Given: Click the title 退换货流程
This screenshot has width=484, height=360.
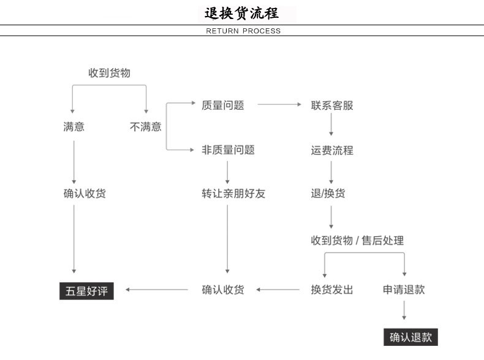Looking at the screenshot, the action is click(x=241, y=13).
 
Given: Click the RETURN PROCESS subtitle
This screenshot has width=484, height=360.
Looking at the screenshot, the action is click(x=243, y=31).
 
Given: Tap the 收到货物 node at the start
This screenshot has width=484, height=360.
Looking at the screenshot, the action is click(x=109, y=73).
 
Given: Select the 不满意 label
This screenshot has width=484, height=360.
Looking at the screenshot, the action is click(x=146, y=127).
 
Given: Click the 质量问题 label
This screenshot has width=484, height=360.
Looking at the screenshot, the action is click(x=223, y=105).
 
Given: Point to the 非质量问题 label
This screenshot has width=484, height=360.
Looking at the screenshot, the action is click(x=228, y=150).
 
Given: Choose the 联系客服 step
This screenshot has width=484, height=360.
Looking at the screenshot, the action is click(x=332, y=105).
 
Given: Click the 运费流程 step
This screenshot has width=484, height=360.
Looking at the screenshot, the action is click(x=332, y=150).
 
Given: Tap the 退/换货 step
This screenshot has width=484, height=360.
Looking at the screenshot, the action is click(x=328, y=193).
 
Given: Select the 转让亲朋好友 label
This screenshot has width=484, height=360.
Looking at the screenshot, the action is click(x=233, y=193).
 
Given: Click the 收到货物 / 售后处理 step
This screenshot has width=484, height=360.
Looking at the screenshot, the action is click(x=357, y=240).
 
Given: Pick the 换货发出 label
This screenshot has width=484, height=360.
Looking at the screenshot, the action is click(x=332, y=289).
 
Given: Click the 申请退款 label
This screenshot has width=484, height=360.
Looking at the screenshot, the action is click(x=404, y=289).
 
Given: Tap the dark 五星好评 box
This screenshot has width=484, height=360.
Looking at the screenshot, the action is click(x=86, y=291).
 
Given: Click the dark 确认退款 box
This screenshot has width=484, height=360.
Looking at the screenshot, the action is click(x=410, y=337).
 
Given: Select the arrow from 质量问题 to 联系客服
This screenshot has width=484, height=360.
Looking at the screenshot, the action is click(x=279, y=104).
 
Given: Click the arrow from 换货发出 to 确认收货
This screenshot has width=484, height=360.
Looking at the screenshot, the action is click(x=278, y=289).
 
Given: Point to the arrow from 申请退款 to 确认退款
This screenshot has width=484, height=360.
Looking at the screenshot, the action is click(x=404, y=310).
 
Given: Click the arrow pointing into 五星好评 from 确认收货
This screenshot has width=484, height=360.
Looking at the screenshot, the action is click(x=156, y=289).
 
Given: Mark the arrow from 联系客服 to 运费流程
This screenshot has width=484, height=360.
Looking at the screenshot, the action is click(x=331, y=124).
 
